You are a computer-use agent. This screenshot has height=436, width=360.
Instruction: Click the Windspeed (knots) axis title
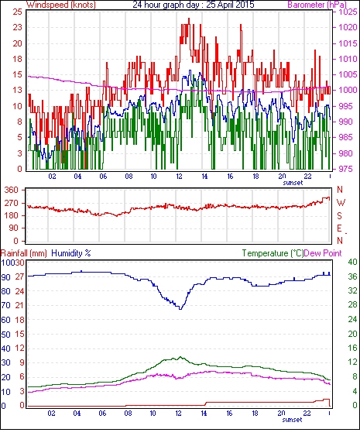61,5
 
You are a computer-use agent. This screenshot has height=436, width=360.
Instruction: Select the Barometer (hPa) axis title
317,5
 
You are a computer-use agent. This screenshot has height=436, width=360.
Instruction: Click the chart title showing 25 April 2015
194,5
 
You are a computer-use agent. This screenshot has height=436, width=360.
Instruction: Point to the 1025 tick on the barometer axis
348,12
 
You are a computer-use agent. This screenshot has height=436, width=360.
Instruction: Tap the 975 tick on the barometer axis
348,169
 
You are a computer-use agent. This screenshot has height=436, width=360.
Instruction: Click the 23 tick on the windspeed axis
17,28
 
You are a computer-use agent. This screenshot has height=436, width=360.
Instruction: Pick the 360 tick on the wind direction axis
12,191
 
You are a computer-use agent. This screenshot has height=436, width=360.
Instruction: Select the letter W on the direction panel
341,203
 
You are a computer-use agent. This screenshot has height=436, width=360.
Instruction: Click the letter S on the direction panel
339,215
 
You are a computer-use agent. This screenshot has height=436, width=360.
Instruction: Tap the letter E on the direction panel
339,228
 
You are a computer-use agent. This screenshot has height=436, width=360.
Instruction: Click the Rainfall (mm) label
24,253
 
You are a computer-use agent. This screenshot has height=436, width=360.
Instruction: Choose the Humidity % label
71,253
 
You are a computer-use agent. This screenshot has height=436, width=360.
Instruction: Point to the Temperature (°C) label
273,253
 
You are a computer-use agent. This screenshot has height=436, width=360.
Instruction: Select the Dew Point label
323,253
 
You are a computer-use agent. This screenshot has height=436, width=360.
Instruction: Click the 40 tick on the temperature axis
352,262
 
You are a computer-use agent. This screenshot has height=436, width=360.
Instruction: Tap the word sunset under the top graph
293,183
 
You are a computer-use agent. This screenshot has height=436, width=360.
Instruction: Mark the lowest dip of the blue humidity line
180,309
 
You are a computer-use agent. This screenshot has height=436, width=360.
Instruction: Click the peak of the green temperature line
180,357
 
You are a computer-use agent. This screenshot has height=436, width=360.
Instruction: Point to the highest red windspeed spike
189,19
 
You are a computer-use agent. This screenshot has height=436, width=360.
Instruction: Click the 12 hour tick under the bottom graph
178,414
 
